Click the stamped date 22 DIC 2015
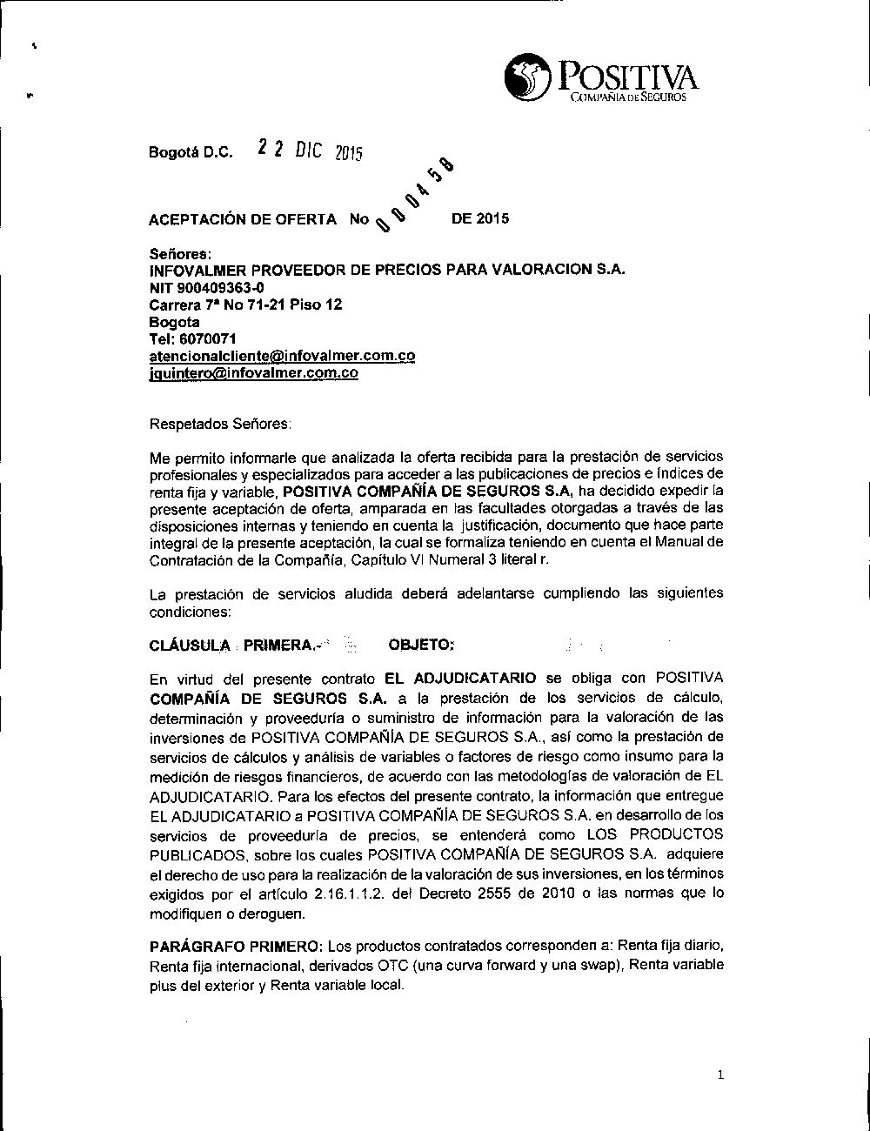310,150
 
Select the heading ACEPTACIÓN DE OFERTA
243,219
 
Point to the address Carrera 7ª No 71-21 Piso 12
246,304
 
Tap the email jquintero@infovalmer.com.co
254,373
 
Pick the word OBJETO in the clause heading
421,645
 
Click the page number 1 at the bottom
720,1075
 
